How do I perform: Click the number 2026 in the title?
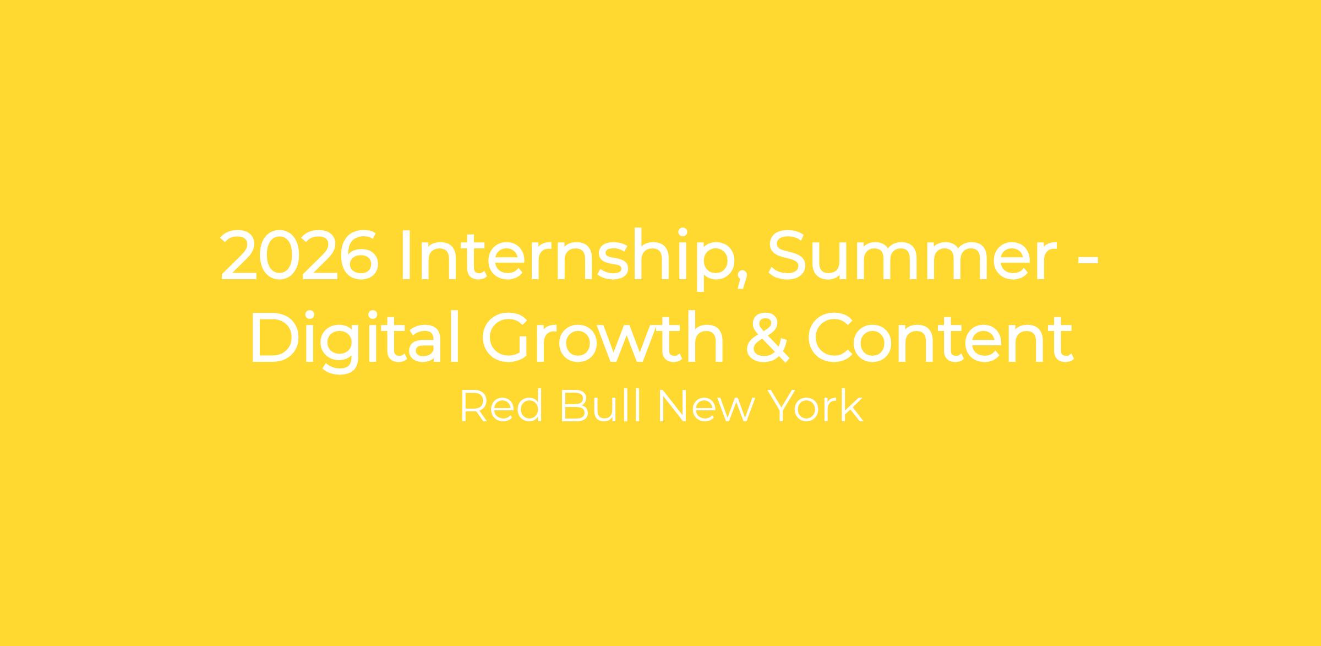coord(299,254)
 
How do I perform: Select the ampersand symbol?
coord(768,338)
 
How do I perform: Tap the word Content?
coord(940,338)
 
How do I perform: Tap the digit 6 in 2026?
coord(359,254)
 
